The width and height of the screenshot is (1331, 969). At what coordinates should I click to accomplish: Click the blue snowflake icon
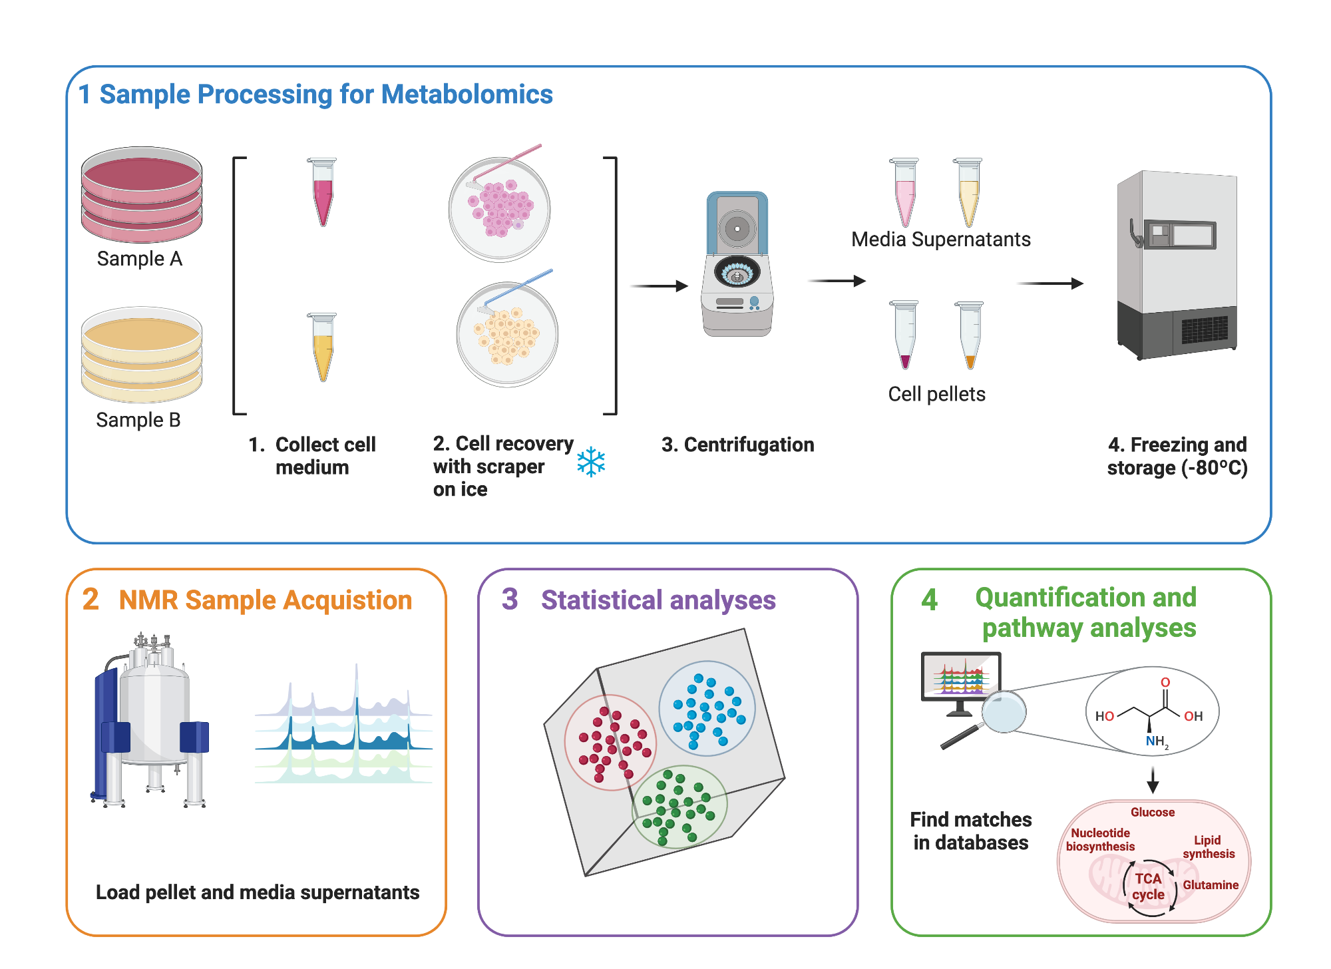(591, 463)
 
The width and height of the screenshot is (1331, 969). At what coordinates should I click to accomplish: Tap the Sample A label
(139, 259)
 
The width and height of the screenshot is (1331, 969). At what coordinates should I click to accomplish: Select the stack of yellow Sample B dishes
(141, 355)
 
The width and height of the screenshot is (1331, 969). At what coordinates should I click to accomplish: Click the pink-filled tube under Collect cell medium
(323, 193)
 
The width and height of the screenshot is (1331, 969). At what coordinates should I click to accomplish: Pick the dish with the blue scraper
(507, 333)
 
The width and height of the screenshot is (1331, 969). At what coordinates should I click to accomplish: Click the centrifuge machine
(737, 266)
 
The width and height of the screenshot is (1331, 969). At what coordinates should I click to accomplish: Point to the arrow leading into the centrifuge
(658, 286)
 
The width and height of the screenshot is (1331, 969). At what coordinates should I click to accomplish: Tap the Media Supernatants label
(940, 240)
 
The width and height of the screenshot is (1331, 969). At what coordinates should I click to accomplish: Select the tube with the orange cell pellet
(970, 336)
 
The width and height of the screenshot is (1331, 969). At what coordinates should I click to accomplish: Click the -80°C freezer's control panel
(1180, 235)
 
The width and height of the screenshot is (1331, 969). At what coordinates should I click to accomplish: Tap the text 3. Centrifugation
(737, 445)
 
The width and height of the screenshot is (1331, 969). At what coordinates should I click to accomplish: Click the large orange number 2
(91, 599)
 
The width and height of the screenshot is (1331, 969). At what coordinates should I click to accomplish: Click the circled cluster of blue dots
(707, 708)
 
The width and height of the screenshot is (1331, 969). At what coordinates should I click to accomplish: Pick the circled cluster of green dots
(679, 807)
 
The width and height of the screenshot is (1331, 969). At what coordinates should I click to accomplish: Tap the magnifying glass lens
(1004, 711)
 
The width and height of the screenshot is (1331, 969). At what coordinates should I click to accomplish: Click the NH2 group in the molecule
(1157, 741)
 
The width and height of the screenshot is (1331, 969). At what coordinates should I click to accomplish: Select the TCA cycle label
(1148, 886)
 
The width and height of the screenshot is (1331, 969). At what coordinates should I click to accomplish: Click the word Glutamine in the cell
(1210, 885)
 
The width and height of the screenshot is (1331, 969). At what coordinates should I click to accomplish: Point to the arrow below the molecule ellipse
(1153, 779)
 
